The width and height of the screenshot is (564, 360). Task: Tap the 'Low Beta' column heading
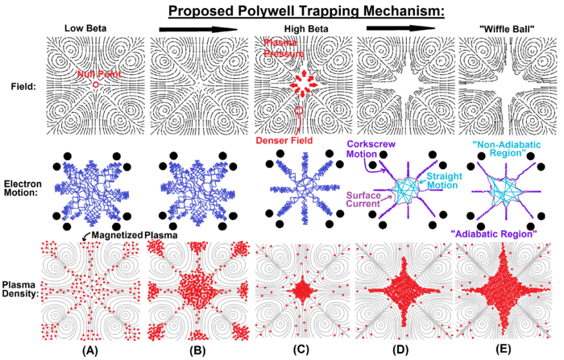pyautogui.click(x=88, y=29)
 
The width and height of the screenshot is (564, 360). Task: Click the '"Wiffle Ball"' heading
pyautogui.click(x=497, y=29)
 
